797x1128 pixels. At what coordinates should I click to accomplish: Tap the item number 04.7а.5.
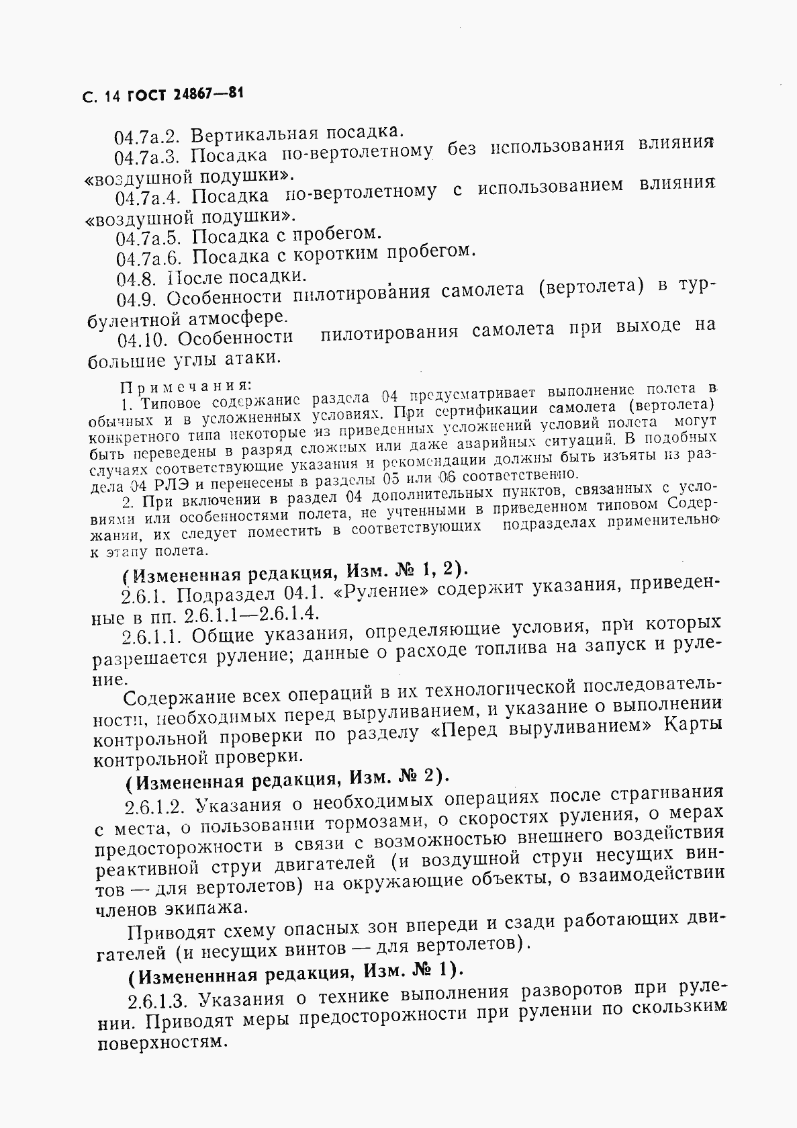coord(149,238)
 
